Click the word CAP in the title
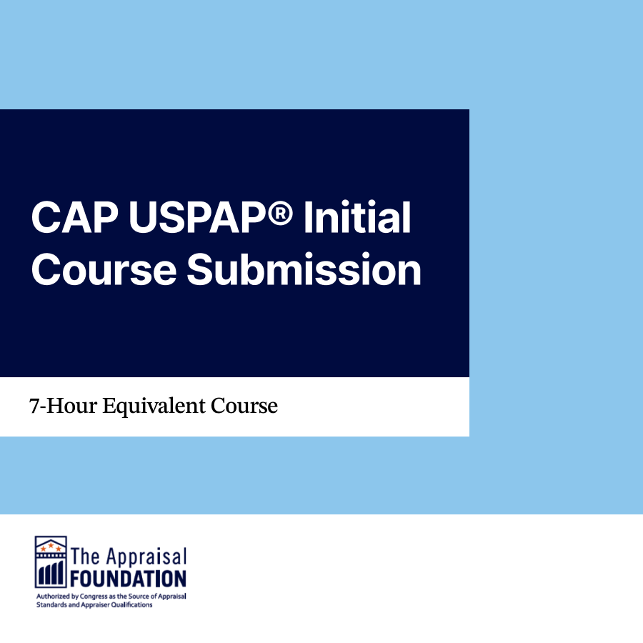coord(74,217)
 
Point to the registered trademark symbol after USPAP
coord(279,212)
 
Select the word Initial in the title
coord(357,217)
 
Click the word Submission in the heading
coord(304,269)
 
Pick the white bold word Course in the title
coord(104,270)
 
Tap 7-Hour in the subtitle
coord(63,406)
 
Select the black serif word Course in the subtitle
coord(244,406)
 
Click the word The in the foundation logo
coord(85,557)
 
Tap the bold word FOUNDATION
coord(129,579)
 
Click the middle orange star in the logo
coord(51,545)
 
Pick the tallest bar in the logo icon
coord(61,572)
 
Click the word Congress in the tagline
coord(93,597)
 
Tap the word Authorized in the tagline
coord(53,596)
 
